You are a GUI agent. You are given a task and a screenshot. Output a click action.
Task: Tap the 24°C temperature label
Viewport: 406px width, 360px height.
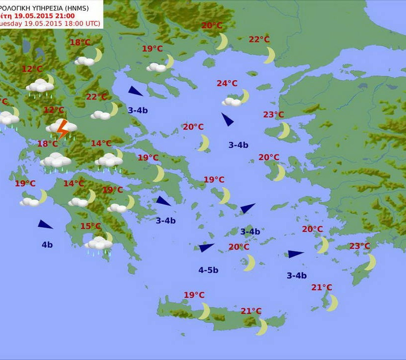[227, 83]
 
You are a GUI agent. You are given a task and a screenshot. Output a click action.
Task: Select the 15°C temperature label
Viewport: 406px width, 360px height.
[91, 226]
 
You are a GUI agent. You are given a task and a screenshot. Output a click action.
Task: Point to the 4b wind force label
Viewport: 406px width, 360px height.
[47, 244]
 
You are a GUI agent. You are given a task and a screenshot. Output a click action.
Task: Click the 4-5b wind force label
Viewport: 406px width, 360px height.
[208, 270]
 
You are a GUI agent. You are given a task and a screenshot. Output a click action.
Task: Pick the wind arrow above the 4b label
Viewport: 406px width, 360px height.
[45, 224]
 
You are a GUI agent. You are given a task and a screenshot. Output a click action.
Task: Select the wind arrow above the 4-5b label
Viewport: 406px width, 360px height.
[206, 248]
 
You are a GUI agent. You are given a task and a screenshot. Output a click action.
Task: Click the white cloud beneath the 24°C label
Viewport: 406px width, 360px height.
[231, 102]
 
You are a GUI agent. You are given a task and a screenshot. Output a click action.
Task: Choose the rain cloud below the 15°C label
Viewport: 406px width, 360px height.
[99, 244]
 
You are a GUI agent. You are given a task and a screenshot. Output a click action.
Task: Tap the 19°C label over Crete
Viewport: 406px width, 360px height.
[194, 295]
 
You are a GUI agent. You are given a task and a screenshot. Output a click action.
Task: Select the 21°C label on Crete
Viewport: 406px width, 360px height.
[251, 311]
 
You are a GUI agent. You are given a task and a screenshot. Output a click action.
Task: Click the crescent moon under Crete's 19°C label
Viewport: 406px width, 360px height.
[205, 311]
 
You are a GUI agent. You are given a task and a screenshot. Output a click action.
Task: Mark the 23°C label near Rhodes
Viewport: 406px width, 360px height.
[359, 246]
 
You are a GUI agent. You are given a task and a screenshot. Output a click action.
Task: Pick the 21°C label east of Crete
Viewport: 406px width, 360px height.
[322, 287]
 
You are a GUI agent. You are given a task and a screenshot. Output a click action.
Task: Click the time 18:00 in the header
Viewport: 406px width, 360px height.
[74, 23]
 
